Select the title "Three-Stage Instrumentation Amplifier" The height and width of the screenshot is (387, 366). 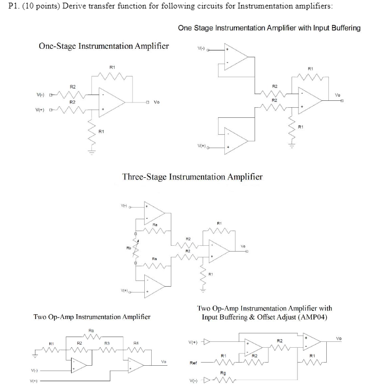point(192,176)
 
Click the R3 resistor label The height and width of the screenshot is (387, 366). point(107,343)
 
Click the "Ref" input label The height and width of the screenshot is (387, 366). point(194,363)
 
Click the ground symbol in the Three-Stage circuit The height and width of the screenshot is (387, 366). point(202,290)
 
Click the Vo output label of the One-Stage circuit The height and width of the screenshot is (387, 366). point(156,101)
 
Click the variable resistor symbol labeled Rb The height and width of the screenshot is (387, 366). point(135,247)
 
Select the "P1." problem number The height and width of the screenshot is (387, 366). point(8,6)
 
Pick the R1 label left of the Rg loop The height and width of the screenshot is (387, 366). point(51,343)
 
